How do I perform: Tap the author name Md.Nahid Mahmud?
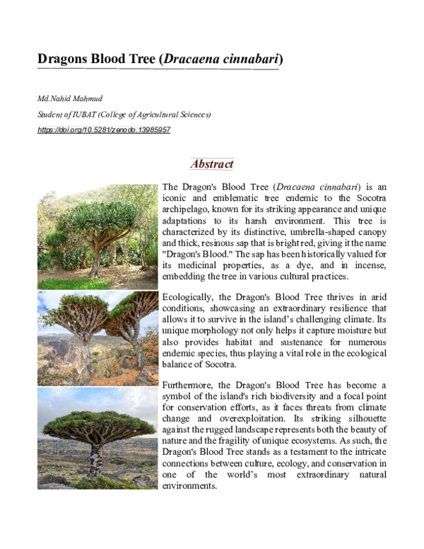point(65,99)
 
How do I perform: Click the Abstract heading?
point(212,164)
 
